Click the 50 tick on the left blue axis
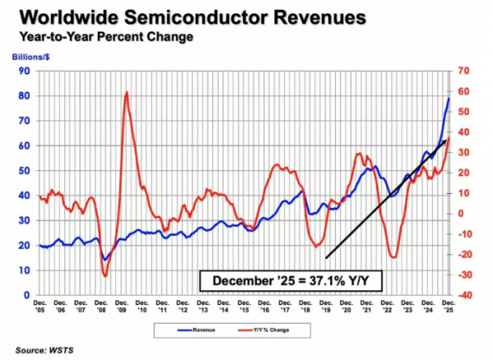click(x=25, y=170)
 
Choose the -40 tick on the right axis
click(x=463, y=295)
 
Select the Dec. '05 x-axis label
click(x=40, y=307)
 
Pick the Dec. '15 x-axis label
click(x=244, y=307)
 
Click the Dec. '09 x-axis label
click(x=122, y=307)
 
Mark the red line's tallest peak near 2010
click(x=126, y=91)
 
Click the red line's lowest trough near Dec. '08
click(x=105, y=275)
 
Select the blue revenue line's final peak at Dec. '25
click(x=449, y=99)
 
